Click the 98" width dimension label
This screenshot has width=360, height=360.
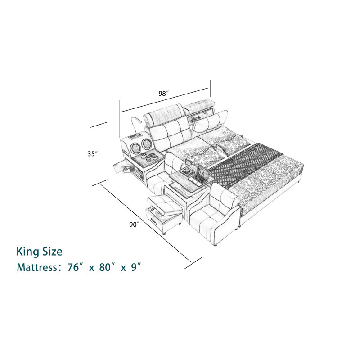(164, 94)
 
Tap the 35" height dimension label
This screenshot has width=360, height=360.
(93, 154)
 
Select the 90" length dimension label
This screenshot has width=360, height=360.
(135, 225)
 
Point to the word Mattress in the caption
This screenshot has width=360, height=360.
(37, 267)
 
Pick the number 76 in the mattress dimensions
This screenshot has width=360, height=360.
(73, 267)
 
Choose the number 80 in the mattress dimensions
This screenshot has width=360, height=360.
(104, 267)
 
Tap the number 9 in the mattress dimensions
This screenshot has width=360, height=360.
(134, 267)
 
